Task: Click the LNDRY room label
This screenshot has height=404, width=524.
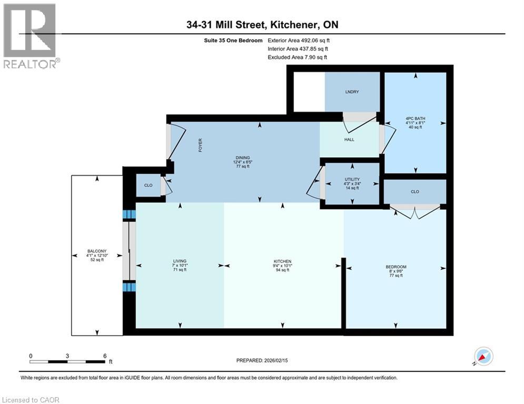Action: point(352,92)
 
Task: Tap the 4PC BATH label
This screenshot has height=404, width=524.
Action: point(416,118)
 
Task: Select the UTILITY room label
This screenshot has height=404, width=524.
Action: point(352,179)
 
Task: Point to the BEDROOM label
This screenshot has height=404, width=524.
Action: point(396,267)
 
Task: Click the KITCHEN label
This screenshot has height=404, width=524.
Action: point(282,261)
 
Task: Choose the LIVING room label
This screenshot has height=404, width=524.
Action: point(180,261)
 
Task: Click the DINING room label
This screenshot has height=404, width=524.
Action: point(242,157)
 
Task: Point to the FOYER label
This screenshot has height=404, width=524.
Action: point(200,146)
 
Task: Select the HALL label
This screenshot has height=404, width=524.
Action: point(349,140)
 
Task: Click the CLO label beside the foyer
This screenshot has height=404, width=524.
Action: point(148,186)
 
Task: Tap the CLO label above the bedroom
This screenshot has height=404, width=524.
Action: point(415,191)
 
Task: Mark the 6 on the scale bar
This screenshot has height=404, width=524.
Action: point(105,356)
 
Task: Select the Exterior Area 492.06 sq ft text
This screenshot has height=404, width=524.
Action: point(299,40)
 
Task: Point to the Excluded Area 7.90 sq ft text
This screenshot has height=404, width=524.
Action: point(298,57)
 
